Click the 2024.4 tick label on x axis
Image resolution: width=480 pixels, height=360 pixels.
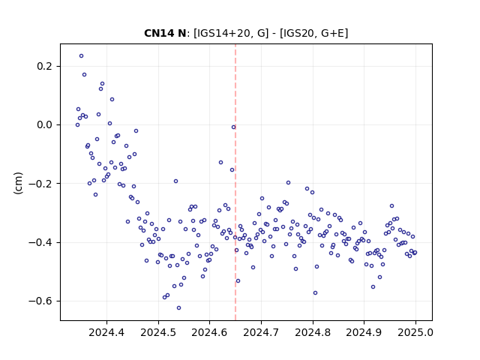(106, 332)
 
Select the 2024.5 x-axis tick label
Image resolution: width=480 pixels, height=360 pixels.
(158, 332)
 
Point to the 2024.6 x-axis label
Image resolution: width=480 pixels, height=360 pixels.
(209, 332)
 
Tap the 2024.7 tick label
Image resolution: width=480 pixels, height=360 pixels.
(261, 332)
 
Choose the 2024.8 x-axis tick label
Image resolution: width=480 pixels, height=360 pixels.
(313, 332)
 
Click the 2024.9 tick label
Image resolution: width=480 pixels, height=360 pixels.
(364, 332)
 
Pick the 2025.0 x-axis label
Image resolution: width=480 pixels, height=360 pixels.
(415, 332)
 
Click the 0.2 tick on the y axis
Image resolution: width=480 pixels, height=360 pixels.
(45, 66)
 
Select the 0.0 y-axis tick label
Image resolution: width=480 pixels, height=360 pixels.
(45, 125)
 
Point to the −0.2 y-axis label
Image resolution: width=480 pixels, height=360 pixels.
(40, 184)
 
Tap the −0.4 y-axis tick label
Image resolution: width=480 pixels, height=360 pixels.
(40, 242)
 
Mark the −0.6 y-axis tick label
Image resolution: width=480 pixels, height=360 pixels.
(40, 301)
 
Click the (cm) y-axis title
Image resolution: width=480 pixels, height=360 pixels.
(18, 183)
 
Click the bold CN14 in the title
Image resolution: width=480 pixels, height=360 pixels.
(157, 33)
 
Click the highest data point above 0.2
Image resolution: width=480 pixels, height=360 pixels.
(81, 55)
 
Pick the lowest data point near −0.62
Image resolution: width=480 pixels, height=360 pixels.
(178, 308)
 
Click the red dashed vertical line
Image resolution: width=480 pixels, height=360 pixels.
(235, 182)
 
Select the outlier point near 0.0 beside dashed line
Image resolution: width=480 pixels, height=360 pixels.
(233, 127)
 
